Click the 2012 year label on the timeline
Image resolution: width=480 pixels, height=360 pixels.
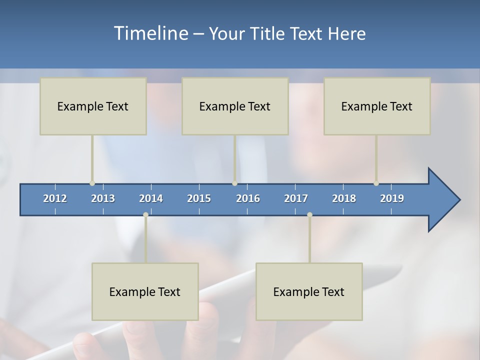point(55,198)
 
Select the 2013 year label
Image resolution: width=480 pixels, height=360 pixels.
point(103,198)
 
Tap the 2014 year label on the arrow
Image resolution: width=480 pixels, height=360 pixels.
point(151,198)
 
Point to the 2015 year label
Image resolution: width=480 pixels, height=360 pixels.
point(199,198)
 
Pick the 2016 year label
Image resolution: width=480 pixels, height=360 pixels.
point(248,198)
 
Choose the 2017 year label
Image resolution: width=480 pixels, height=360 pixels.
point(296,198)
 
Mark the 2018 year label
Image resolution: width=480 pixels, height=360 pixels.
point(344,198)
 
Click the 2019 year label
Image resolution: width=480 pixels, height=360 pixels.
point(392,198)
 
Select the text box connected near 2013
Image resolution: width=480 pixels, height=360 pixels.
point(93,106)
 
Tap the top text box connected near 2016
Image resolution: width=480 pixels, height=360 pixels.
point(235,106)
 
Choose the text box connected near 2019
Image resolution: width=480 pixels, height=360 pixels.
point(377,106)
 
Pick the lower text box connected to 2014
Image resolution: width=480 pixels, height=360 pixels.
point(145,292)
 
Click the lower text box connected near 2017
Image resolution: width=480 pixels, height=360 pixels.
point(309,292)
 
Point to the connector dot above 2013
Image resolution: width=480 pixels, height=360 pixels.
point(92,183)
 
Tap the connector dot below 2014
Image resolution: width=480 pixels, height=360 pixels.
point(145,215)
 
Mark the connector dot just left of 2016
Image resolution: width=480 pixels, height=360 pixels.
point(234,183)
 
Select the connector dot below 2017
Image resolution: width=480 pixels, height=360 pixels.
point(309,215)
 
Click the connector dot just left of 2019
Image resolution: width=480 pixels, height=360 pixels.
point(376,183)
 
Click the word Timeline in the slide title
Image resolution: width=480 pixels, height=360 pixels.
point(150,33)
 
